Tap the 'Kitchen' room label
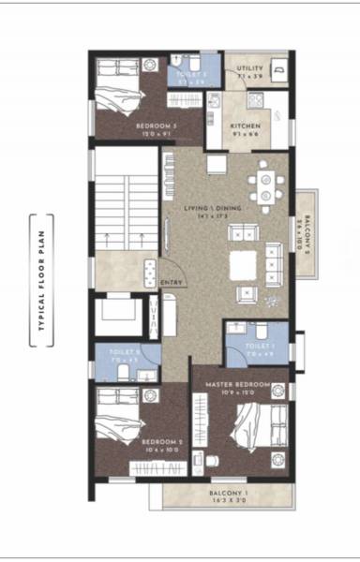pyautogui.click(x=247, y=126)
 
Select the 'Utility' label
pyautogui.click(x=249, y=68)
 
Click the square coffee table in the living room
pyautogui.click(x=243, y=266)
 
